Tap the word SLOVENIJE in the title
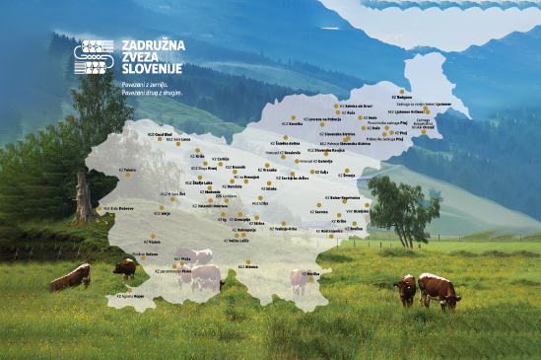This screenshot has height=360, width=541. pyautogui.click(x=152, y=72)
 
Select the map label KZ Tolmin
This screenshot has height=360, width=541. pyautogui.click(x=126, y=170)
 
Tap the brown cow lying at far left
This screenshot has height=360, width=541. pyautogui.click(x=70, y=279)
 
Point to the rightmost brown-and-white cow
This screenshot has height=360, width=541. pyautogui.click(x=439, y=290)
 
